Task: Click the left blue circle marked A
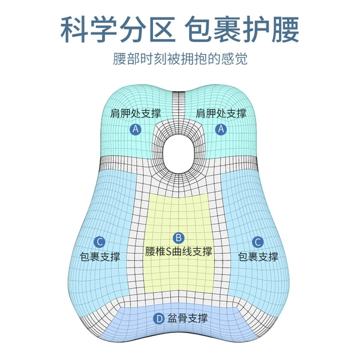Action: coord(136,129)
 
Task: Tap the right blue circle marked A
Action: coord(221,129)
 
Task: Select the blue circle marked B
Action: coord(178,238)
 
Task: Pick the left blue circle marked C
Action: coord(100,242)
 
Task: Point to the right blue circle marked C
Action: coord(257,242)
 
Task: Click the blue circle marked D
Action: coord(159,319)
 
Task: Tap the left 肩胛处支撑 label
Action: coord(136,113)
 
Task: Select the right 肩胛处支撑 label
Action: coord(221,113)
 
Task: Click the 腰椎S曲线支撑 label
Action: coord(178,252)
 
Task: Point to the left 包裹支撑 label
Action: coord(100,256)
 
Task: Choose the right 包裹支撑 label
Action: coord(258,256)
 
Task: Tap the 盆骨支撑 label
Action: coord(187,318)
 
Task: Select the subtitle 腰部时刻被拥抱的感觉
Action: coord(180,59)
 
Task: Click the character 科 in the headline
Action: coord(74,29)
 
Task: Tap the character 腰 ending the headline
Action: coord(286,29)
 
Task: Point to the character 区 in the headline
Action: coord(161,29)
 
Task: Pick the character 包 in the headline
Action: coord(199,29)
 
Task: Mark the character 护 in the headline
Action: coord(256,29)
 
